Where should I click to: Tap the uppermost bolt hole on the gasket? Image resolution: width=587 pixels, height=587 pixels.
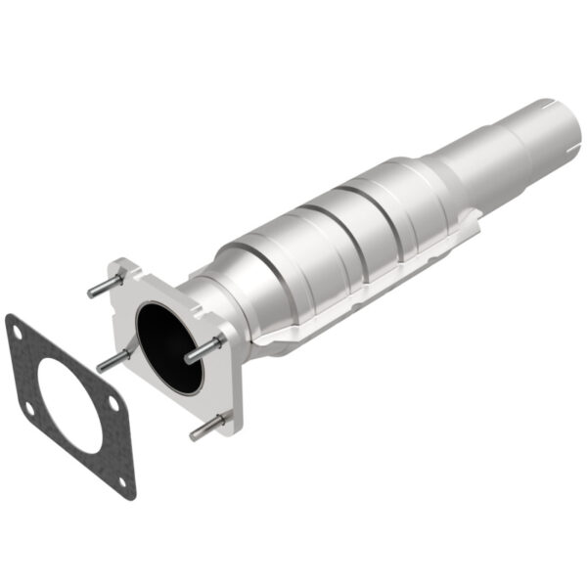click(x=20, y=333)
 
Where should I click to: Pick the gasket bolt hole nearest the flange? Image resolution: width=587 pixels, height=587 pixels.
click(x=113, y=403)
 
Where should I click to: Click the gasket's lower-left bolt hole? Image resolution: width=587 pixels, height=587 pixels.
click(x=29, y=408)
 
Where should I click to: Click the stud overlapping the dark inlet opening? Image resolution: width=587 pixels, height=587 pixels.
click(x=203, y=347)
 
